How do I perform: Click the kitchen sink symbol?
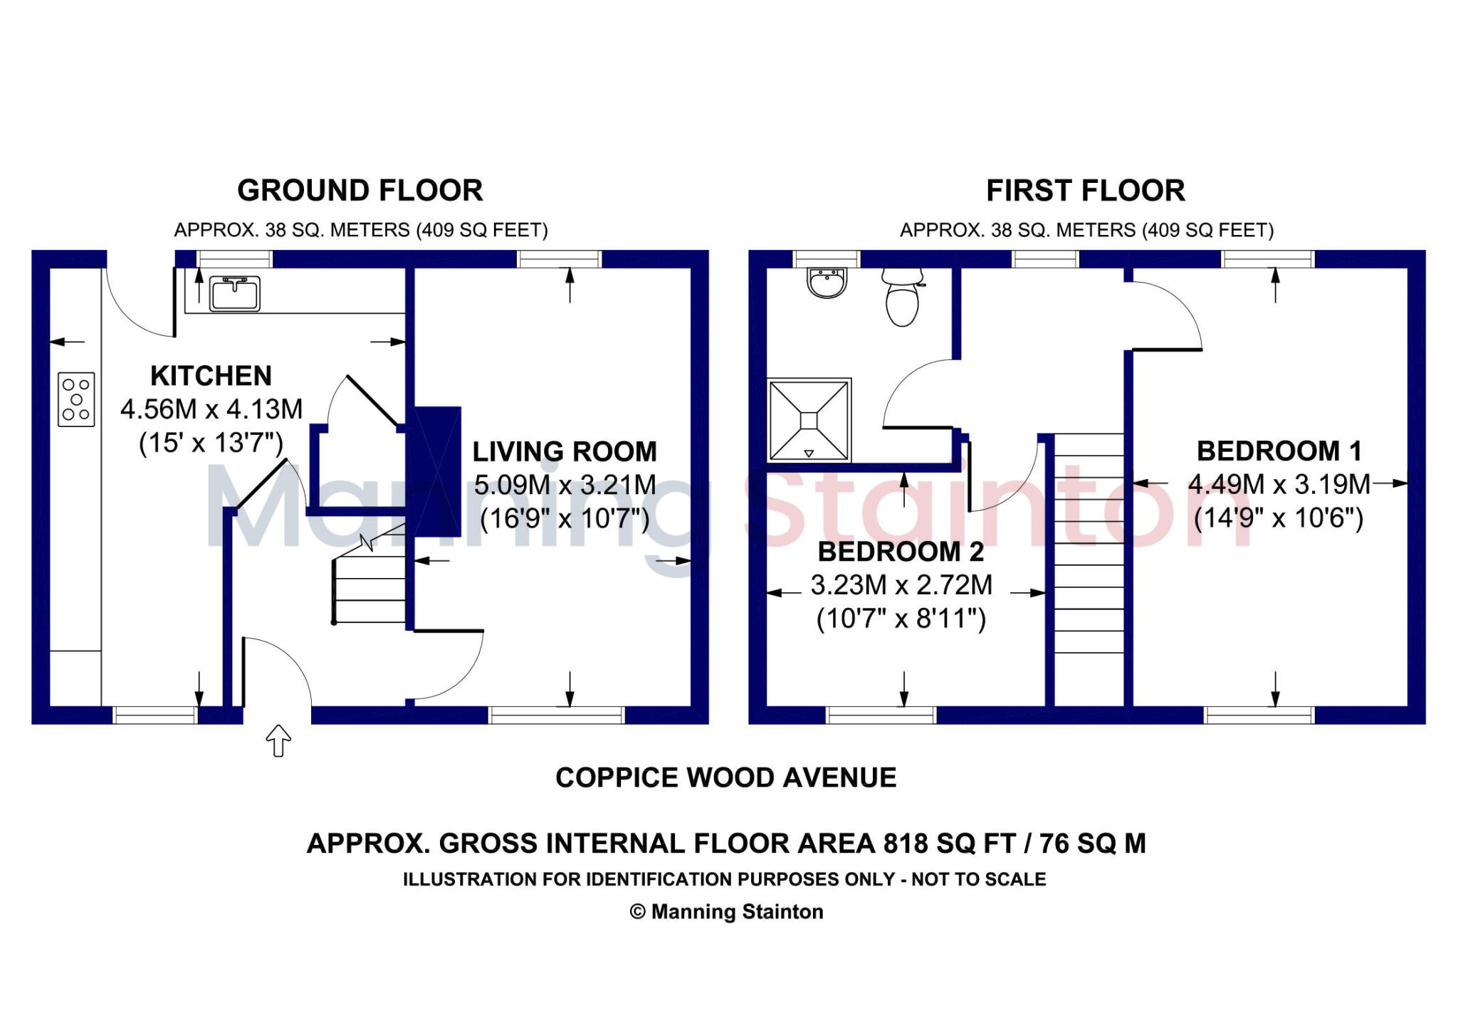point(234,294)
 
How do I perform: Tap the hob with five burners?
point(76,399)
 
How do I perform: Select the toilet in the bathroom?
point(902,298)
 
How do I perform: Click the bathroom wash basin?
point(827,283)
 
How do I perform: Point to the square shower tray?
point(809,421)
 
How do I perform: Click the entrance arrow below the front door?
point(278,740)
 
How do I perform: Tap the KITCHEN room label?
point(211,376)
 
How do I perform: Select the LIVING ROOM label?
point(565,452)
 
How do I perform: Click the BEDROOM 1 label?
point(1279,451)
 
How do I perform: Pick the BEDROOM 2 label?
point(901,552)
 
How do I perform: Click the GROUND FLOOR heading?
point(360,191)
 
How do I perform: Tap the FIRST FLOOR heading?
point(1085,191)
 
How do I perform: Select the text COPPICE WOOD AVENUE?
point(725,778)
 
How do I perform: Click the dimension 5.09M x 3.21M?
point(565,485)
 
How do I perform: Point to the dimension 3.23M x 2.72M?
point(901,585)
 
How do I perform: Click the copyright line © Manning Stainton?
point(726,912)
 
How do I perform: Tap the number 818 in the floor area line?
point(906,844)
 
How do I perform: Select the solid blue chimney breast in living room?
point(437,471)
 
